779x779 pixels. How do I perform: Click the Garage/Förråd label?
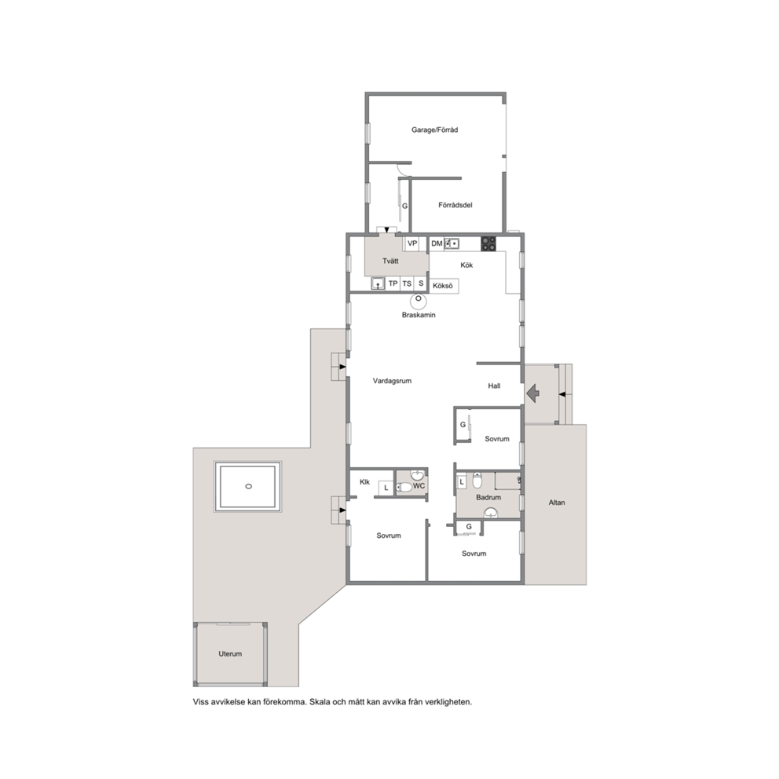[x=435, y=130]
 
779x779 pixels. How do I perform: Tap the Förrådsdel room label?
[x=455, y=205]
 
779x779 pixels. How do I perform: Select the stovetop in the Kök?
[x=488, y=243]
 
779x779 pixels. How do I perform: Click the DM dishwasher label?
[x=437, y=243]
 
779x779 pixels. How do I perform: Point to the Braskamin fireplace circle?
[x=419, y=299]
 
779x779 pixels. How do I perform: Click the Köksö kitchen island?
[x=443, y=286]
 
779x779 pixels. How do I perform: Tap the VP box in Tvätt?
[x=411, y=243]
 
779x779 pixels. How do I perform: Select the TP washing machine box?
[x=393, y=283]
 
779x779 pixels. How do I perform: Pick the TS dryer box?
[x=407, y=283]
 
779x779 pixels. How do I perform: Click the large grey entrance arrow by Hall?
[x=532, y=393]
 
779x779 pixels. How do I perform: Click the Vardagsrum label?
[x=392, y=381]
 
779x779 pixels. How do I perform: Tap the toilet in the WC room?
[x=405, y=488]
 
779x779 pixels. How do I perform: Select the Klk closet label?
[x=364, y=482]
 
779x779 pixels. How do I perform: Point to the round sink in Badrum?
[x=492, y=514]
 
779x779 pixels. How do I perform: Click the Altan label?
[x=557, y=503]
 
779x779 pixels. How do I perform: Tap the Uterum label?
[x=230, y=654]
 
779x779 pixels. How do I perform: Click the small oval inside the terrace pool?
[x=248, y=486]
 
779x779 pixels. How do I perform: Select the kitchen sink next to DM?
[x=452, y=243]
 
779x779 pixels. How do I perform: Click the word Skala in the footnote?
[x=320, y=702]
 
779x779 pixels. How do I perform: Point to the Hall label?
[x=494, y=386]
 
